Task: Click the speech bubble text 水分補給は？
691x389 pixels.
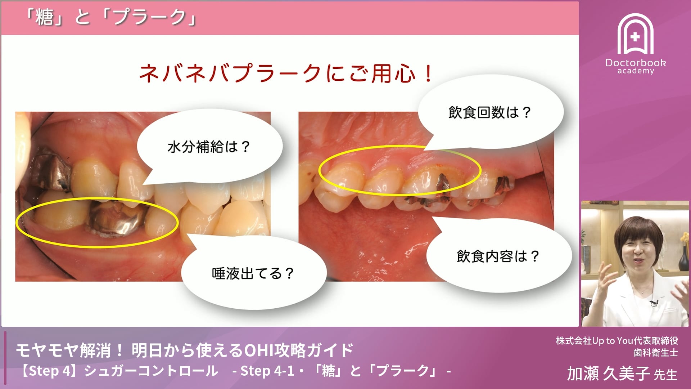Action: point(209,147)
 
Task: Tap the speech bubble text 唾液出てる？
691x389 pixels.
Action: point(253,273)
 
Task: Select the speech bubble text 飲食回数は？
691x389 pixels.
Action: point(490,112)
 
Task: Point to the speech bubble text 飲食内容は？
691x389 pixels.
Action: point(498,256)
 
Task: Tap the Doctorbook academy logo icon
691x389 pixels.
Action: point(635,34)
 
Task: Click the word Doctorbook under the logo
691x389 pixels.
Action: point(636,63)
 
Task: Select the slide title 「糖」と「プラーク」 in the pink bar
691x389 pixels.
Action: point(111,17)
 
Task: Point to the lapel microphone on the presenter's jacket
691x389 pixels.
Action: point(654,303)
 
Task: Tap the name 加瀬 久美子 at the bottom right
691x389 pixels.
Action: point(608,374)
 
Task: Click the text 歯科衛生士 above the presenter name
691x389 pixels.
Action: point(656,353)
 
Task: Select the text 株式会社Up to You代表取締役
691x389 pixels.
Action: point(617,340)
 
